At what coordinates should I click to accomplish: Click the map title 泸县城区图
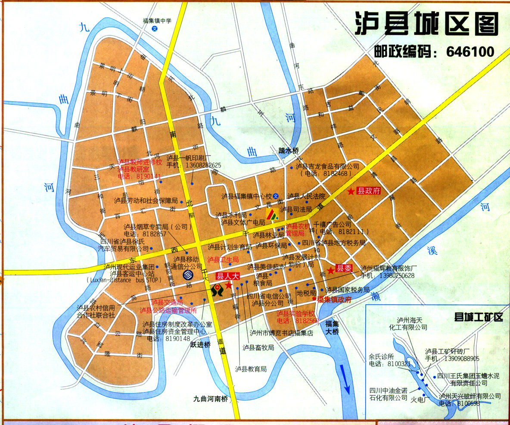[x=427, y=24]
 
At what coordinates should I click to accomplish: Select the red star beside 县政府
[x=351, y=191]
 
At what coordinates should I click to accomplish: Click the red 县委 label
[x=344, y=268]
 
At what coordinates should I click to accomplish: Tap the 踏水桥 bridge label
[x=288, y=150]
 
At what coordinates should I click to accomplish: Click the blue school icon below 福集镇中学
[x=155, y=28]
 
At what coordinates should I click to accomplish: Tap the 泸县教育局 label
[x=251, y=369]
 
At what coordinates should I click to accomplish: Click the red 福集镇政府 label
[x=334, y=299]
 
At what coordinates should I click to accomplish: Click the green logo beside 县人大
[x=217, y=290]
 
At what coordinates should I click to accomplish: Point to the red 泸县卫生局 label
[x=223, y=259]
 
